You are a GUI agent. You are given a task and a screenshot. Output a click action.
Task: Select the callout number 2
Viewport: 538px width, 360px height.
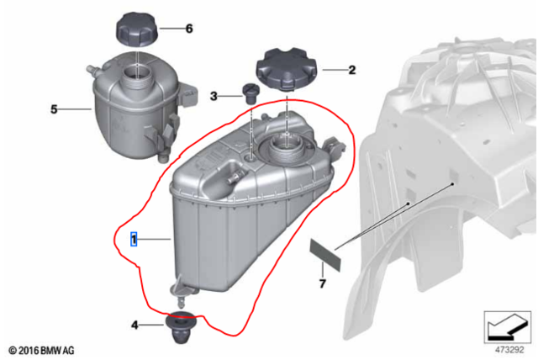(x=351, y=71)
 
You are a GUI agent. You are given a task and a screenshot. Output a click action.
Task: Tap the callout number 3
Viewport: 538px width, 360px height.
(x=214, y=97)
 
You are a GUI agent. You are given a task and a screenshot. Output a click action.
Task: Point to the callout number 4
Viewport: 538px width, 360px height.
(x=134, y=325)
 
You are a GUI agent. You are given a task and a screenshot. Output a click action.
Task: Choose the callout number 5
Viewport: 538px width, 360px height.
(x=54, y=109)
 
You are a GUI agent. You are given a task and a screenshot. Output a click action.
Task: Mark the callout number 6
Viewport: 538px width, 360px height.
(x=188, y=29)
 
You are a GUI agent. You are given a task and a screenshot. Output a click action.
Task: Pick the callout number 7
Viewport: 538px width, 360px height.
(x=321, y=285)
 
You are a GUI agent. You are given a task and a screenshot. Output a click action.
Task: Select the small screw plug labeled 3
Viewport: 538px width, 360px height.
(x=249, y=92)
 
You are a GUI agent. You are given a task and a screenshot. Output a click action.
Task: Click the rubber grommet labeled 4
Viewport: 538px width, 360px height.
(x=179, y=326)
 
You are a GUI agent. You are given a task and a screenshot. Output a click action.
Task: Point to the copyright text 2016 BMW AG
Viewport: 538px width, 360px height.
(x=41, y=347)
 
